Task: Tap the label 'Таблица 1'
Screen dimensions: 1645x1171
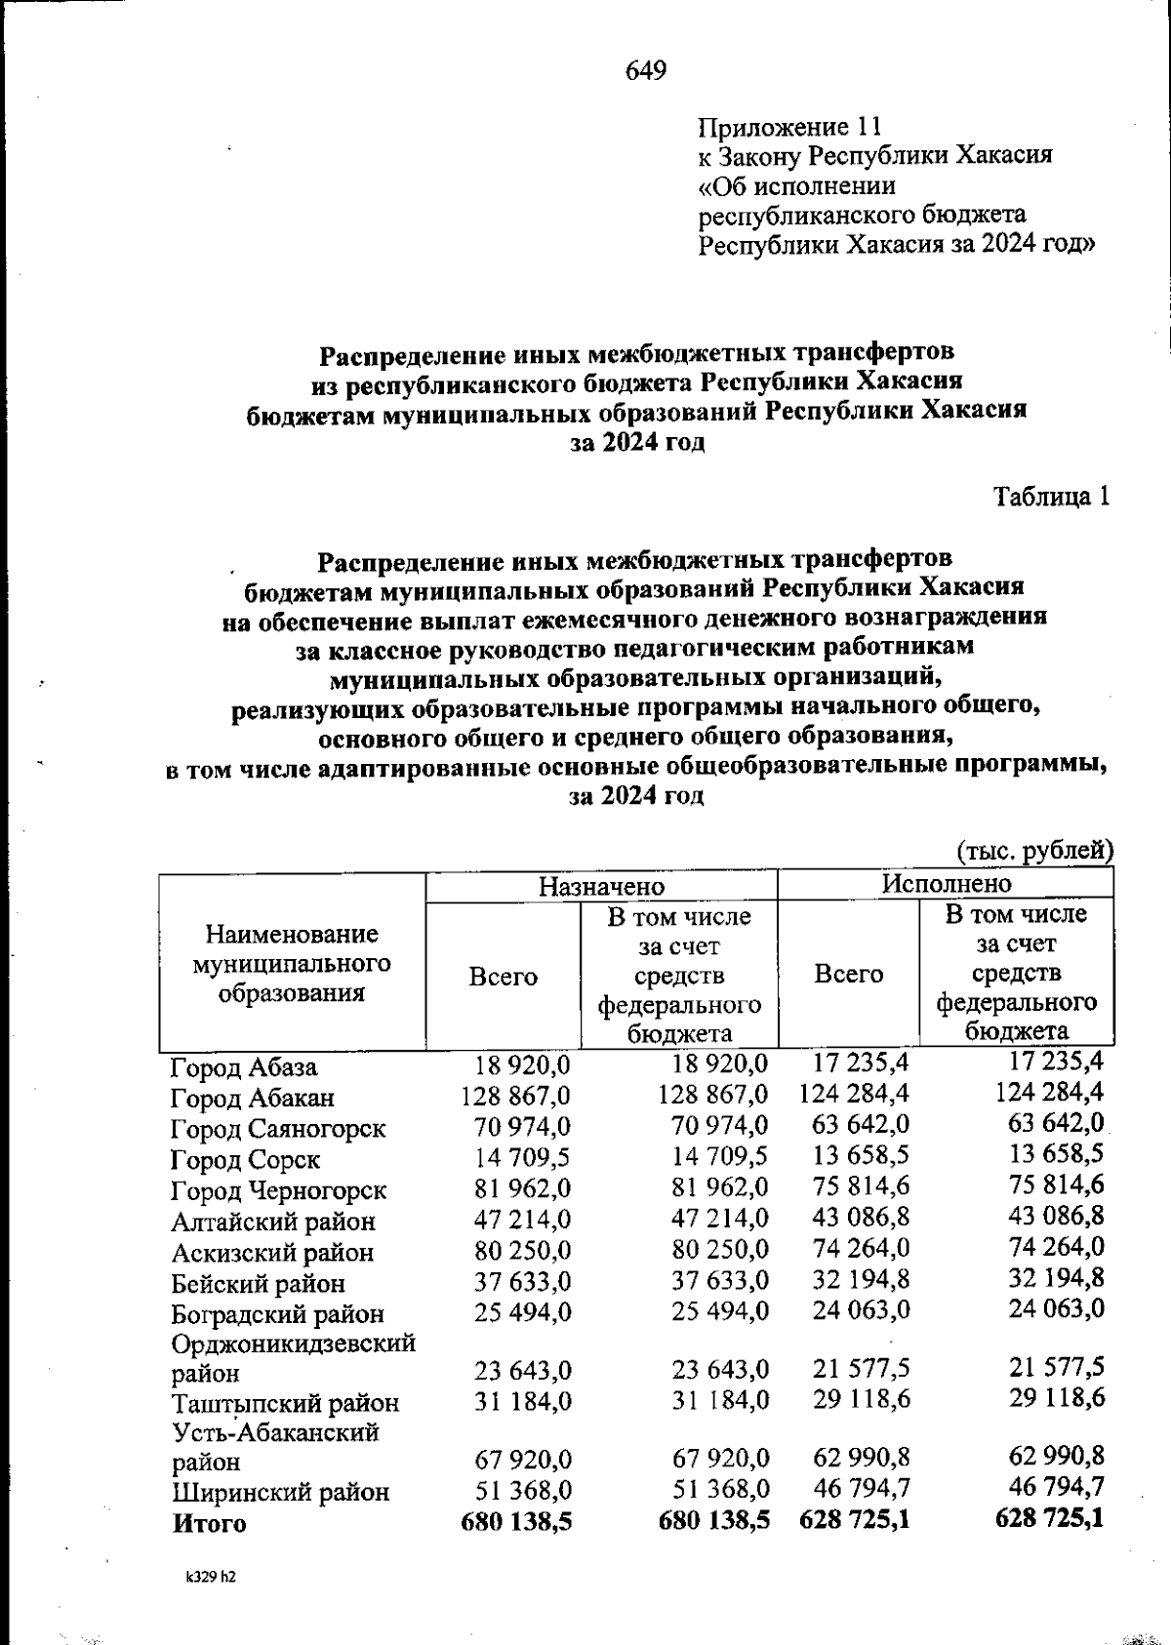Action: pos(1052,497)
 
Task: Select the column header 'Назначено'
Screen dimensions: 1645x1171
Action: pos(601,886)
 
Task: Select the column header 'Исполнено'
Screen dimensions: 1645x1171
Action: pos(947,883)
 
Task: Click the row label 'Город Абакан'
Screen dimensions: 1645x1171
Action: pos(253,1098)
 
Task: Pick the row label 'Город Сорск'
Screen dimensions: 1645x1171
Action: pos(245,1160)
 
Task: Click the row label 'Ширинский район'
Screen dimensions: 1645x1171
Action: pos(281,1492)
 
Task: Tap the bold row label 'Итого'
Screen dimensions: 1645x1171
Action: pos(209,1523)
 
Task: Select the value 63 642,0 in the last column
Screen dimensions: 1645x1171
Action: pos(1056,1125)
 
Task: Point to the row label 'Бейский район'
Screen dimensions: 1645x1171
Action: pos(258,1284)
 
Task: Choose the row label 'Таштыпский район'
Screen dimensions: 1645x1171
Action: pos(286,1404)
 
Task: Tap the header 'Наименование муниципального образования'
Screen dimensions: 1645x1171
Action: pos(292,964)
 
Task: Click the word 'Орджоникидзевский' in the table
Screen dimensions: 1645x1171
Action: pos(294,1344)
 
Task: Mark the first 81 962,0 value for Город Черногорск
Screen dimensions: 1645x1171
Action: pos(523,1189)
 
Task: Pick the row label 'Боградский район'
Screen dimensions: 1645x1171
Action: pos(277,1314)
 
